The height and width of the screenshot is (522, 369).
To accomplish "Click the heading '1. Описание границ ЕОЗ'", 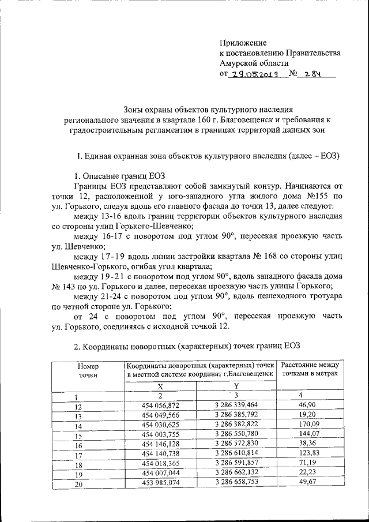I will [x=122, y=176].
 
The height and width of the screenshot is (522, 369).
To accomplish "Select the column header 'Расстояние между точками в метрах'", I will [x=311, y=370].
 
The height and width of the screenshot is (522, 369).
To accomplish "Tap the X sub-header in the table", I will [x=160, y=386].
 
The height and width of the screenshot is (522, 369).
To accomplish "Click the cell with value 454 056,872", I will [x=160, y=406].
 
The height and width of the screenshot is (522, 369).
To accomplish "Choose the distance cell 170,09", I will [x=311, y=426].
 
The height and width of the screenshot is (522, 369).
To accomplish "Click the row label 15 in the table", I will [x=79, y=436].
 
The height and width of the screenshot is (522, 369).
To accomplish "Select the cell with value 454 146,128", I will [x=160, y=445].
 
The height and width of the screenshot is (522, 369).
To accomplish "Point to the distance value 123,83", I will [x=311, y=455].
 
